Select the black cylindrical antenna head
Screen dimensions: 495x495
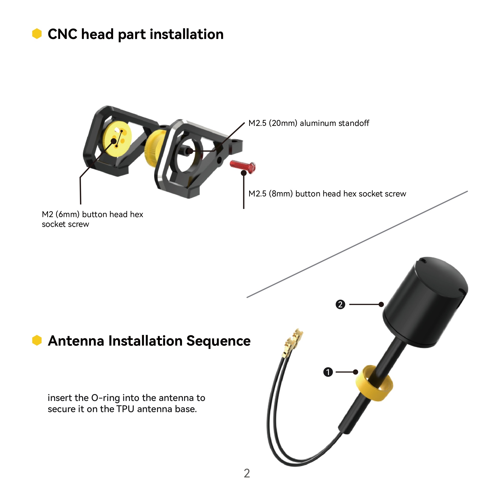tap(425, 302)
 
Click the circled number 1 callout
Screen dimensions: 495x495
tap(328, 372)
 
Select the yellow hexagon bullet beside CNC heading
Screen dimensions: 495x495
tap(37, 34)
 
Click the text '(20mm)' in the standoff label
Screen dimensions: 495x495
tap(283, 123)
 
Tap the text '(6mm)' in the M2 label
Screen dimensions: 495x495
tap(67, 214)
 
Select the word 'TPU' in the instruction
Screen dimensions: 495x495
tap(125, 409)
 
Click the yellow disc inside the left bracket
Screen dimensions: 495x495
tap(117, 138)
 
